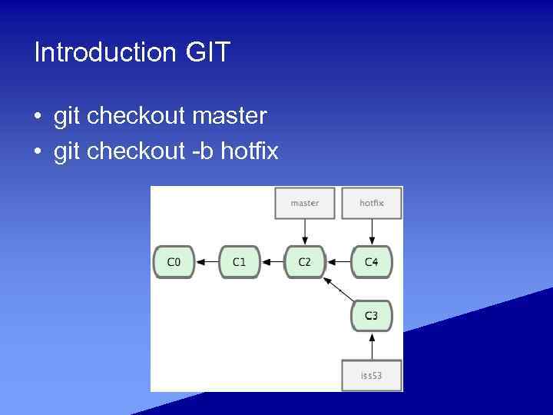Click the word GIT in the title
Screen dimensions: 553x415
click(x=207, y=53)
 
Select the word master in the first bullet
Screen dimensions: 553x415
click(x=230, y=116)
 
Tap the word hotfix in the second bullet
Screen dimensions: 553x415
click(x=250, y=151)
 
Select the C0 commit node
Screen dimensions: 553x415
click(x=174, y=262)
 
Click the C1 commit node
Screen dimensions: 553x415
click(x=240, y=262)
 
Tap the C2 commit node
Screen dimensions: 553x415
click(x=305, y=262)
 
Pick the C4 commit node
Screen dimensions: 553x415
click(x=371, y=262)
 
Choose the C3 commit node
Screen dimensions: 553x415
click(x=371, y=316)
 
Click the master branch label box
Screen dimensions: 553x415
click(x=305, y=203)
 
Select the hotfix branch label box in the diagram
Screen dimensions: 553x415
click(x=371, y=203)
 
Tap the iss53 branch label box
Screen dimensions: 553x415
click(x=371, y=376)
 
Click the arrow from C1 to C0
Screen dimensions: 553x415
click(x=207, y=262)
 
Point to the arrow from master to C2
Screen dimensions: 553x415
click(x=305, y=231)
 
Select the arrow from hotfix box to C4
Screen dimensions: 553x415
click(x=371, y=231)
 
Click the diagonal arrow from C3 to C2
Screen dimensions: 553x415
click(x=339, y=290)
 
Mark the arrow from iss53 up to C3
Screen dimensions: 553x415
click(x=371, y=346)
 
